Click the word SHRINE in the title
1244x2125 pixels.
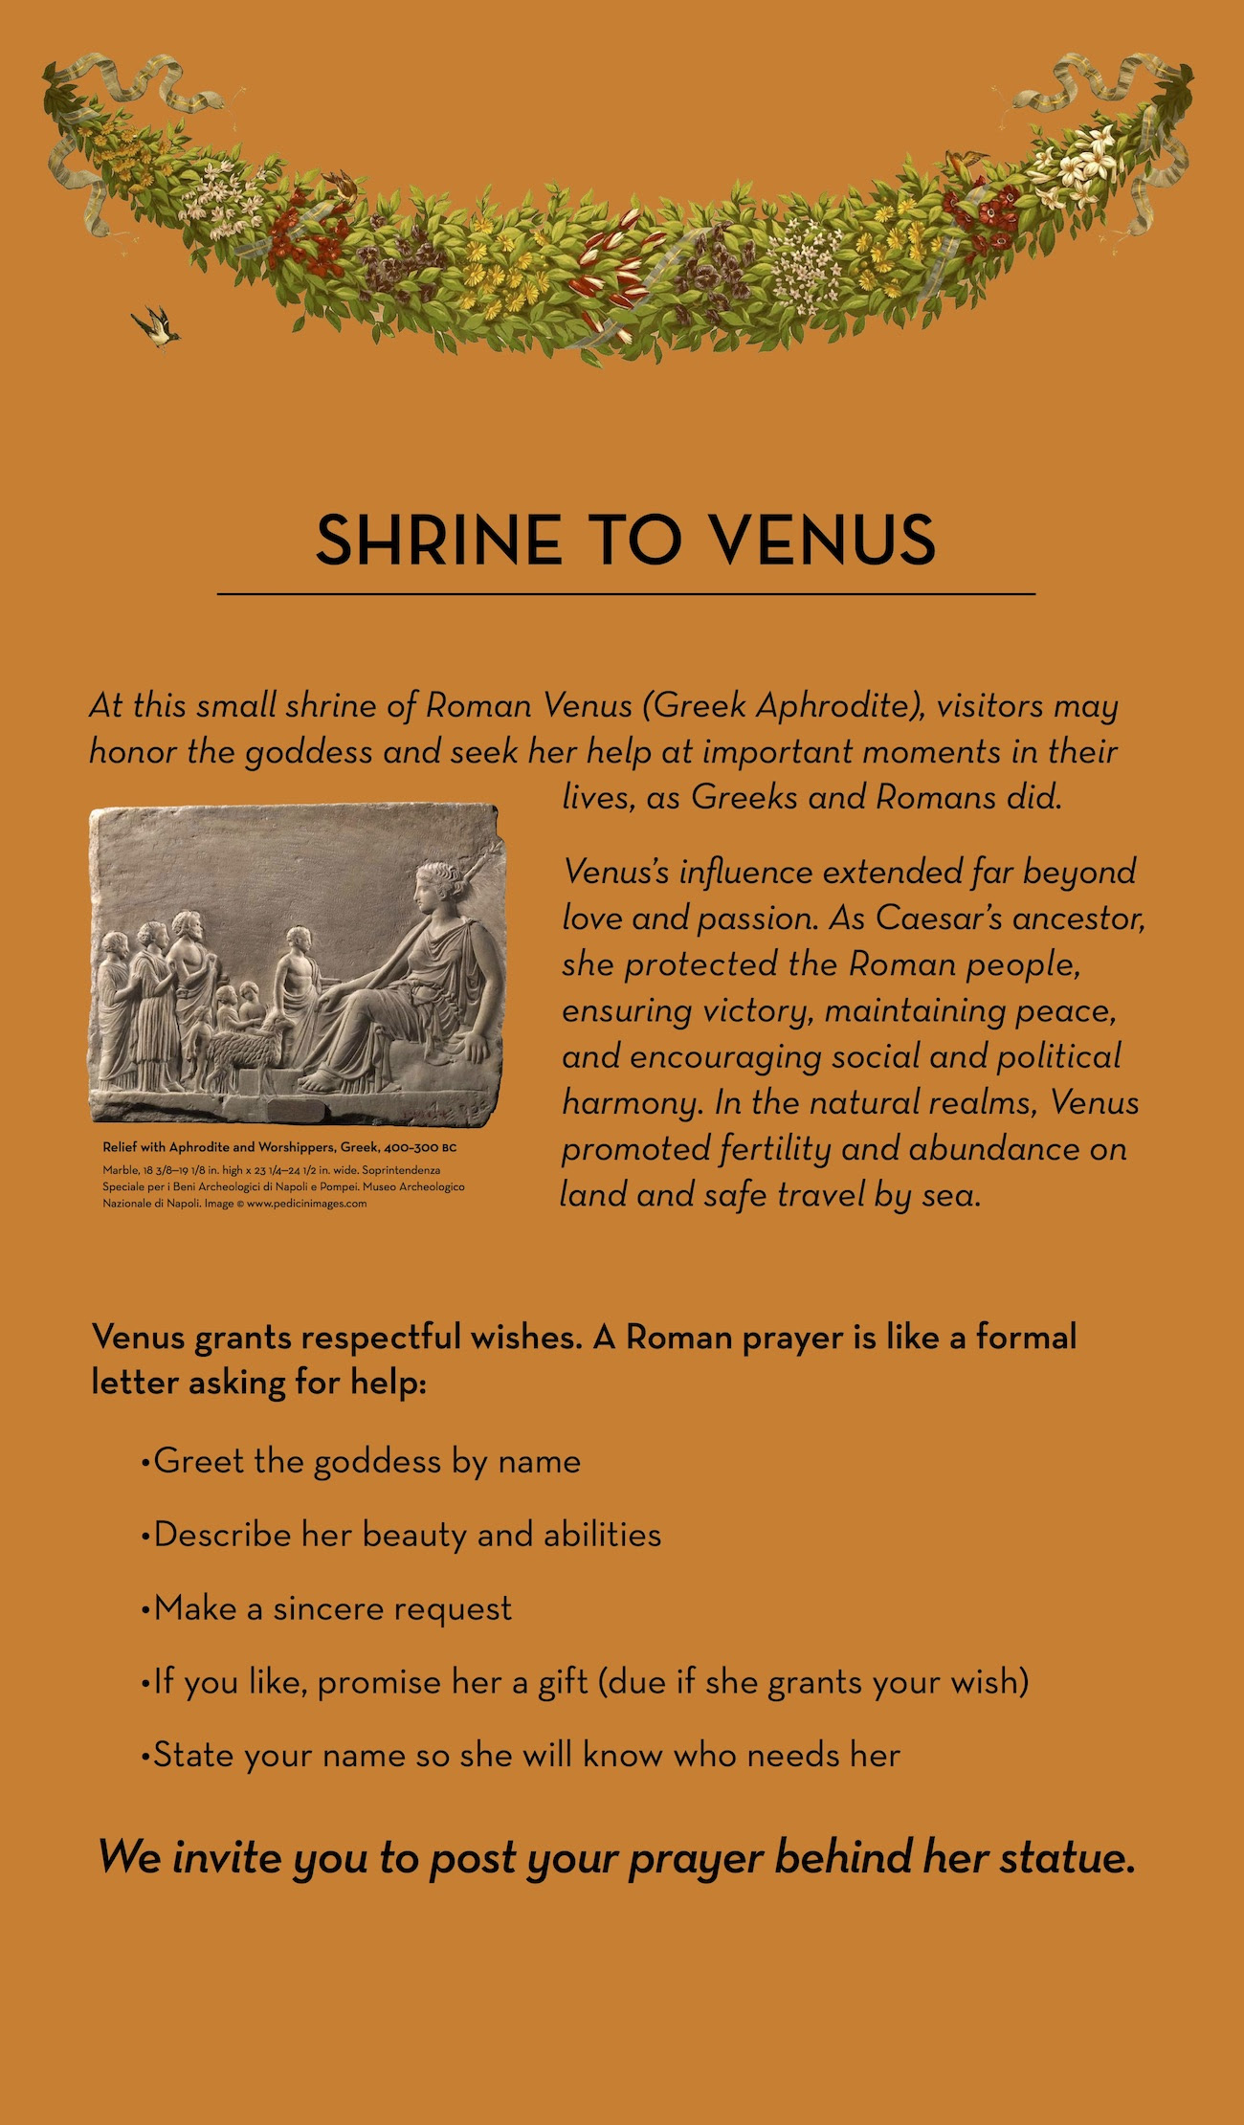click(437, 540)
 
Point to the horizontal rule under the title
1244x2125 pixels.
click(626, 594)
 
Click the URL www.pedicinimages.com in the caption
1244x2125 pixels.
click(306, 1204)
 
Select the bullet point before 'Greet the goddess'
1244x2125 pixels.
click(144, 1463)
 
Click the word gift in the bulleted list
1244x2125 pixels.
click(563, 1682)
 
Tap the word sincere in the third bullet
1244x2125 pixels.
click(331, 1608)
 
